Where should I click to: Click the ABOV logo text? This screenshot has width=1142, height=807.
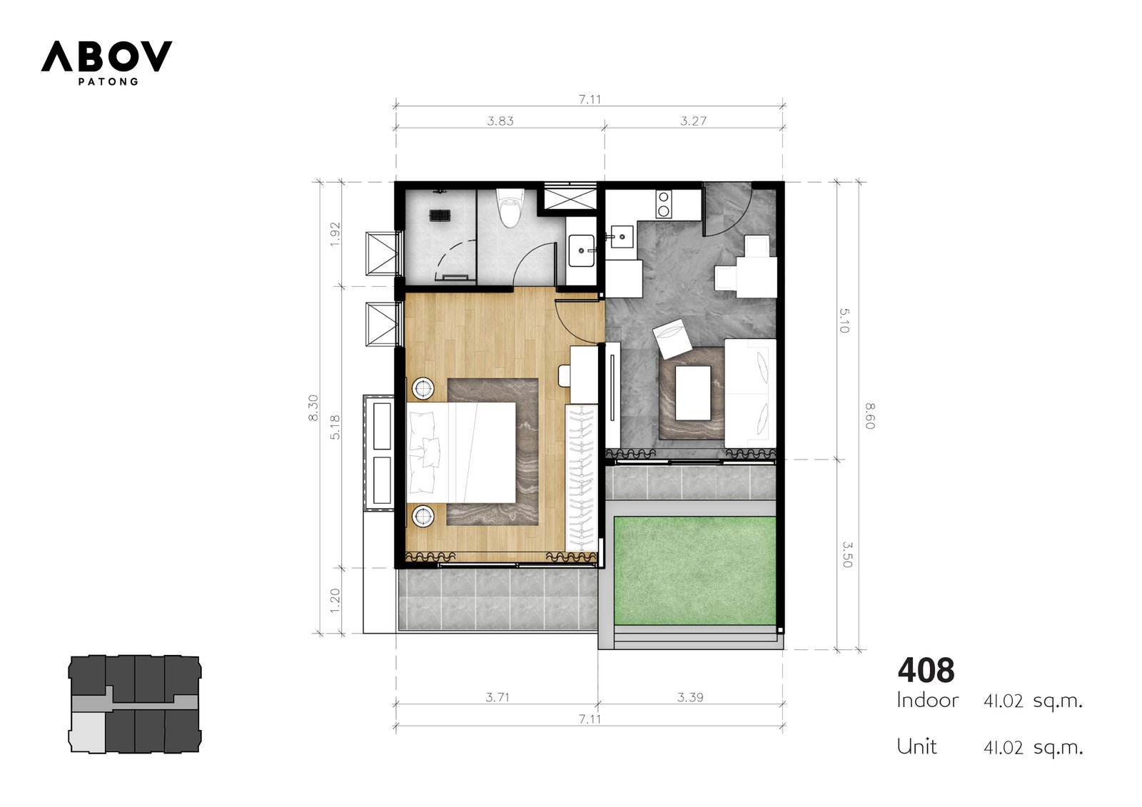[106, 56]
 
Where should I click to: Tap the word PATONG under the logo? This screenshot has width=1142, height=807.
[108, 81]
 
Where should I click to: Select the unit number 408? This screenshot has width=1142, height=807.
[926, 671]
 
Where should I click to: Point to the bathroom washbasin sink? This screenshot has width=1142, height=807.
[581, 250]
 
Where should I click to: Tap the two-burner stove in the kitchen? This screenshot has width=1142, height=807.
[663, 204]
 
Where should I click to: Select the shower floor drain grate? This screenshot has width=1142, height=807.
[440, 215]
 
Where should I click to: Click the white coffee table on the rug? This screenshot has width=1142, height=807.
[693, 392]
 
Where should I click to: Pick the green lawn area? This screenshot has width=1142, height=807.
[695, 570]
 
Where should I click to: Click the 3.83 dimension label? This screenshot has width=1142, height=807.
[500, 121]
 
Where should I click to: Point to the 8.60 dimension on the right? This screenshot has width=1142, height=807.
[870, 416]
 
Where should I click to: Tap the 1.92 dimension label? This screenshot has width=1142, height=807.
[335, 234]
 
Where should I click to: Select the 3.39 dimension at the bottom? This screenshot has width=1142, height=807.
[690, 697]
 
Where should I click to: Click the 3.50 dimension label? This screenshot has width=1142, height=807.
[847, 554]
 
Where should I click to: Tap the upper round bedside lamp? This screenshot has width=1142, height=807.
[423, 389]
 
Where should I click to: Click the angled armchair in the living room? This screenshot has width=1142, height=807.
[672, 338]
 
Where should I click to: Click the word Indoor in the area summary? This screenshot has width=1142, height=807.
[927, 701]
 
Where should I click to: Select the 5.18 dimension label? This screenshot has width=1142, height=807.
[335, 427]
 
